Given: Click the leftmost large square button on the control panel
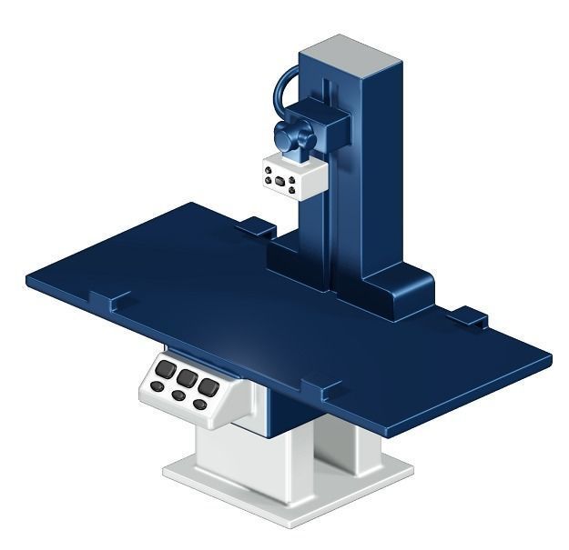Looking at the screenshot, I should tap(166, 370).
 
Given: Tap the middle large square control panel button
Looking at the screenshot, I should tap(188, 376).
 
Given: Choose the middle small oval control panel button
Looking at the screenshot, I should tap(178, 395).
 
